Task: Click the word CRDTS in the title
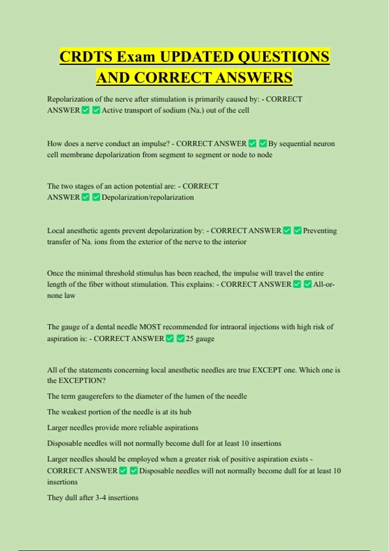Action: [86, 57]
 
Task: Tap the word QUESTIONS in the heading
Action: [284, 57]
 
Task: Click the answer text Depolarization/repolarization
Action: [147, 197]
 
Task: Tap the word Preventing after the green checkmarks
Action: [320, 231]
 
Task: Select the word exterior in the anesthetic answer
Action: [149, 242]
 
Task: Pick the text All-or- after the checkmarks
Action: [324, 285]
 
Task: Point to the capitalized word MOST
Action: [150, 327]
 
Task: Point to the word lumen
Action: [202, 396]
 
